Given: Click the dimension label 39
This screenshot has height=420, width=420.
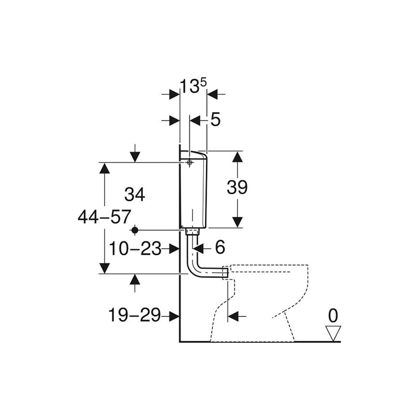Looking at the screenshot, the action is [x=237, y=187].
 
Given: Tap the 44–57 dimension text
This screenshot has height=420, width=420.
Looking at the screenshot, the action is [x=104, y=217].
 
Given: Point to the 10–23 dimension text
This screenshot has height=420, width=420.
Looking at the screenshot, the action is [x=135, y=249].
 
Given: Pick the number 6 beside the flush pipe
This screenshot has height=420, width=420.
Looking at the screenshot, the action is [x=220, y=247].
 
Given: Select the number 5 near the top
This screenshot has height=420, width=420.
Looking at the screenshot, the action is [x=215, y=119].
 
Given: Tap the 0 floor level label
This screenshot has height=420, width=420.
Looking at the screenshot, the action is [x=333, y=316].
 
